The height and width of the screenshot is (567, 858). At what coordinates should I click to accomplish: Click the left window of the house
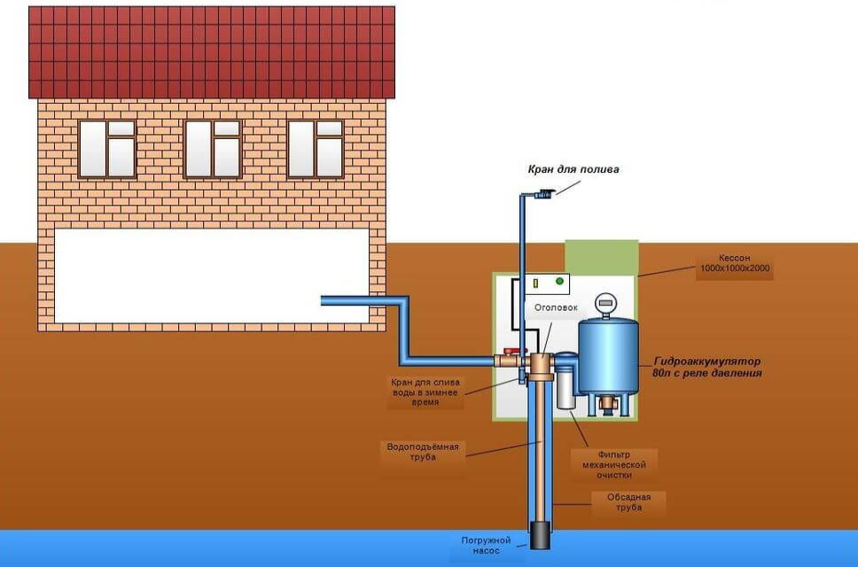click(107, 149)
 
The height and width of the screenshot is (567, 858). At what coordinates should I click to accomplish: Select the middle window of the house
click(212, 149)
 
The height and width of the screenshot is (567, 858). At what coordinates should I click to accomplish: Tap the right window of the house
click(316, 149)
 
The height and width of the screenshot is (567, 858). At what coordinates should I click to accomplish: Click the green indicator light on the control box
click(558, 282)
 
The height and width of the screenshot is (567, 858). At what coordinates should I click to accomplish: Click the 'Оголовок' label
click(555, 307)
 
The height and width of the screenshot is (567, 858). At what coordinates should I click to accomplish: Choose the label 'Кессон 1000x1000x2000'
click(734, 268)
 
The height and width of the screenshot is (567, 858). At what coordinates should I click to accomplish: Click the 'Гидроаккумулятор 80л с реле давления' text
click(706, 368)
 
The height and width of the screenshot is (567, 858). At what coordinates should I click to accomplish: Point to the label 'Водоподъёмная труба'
click(424, 451)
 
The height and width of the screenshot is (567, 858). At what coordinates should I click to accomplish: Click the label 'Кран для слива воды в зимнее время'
click(427, 392)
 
